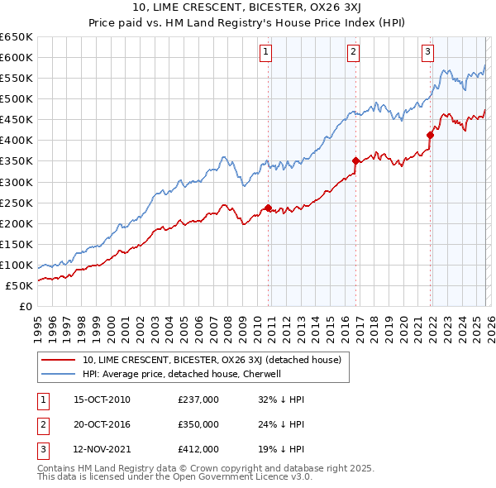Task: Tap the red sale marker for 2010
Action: [268, 208]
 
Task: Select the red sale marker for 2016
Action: [355, 160]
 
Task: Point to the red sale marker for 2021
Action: [430, 135]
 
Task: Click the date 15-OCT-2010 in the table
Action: [102, 399]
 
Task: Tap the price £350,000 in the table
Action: [198, 424]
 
